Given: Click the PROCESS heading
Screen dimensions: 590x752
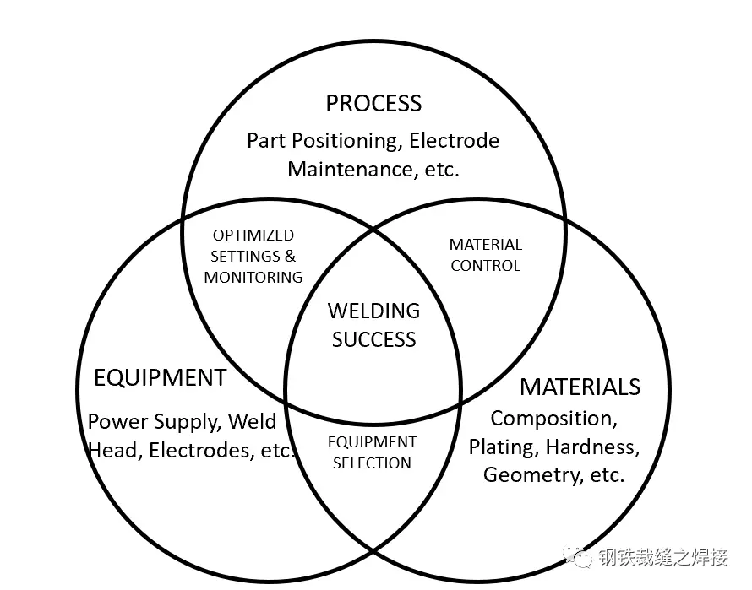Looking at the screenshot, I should [373, 104].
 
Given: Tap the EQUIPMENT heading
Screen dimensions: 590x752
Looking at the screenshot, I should [160, 377].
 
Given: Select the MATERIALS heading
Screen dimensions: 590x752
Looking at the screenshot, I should [580, 387].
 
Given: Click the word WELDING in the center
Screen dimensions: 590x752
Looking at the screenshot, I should [373, 311].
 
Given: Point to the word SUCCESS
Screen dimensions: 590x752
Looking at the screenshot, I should [373, 339].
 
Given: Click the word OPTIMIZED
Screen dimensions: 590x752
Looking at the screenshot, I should [253, 235].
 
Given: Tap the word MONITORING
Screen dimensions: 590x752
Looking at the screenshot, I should [253, 277].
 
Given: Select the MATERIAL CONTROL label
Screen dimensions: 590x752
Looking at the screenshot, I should [486, 255].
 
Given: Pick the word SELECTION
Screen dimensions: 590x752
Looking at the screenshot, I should [372, 463].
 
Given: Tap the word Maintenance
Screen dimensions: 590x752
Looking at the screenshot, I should [349, 169].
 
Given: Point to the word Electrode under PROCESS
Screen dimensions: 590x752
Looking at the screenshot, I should [455, 140].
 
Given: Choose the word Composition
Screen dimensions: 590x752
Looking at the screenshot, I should [553, 418].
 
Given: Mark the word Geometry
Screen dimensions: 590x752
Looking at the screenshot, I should [531, 475].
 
